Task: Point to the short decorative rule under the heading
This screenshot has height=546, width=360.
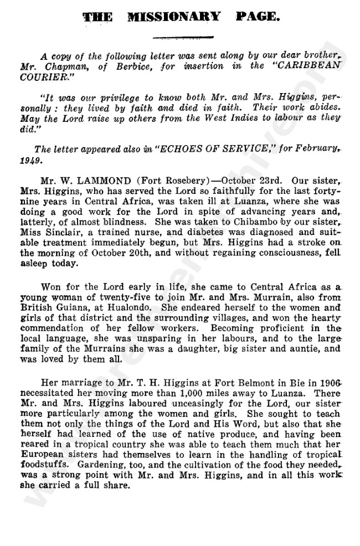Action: [x=183, y=38]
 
